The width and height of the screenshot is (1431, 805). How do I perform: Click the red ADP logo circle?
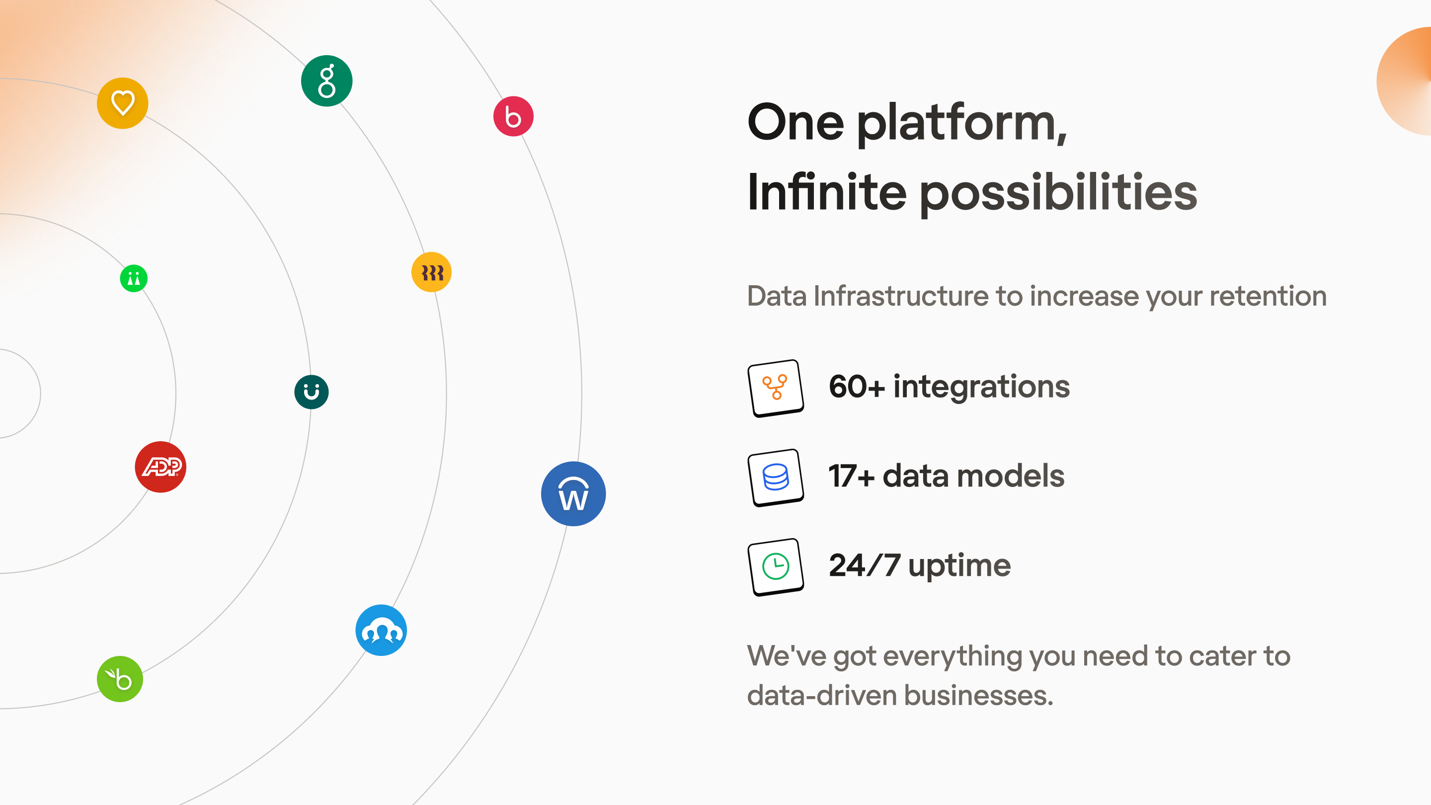click(160, 467)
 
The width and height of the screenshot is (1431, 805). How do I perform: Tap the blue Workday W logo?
click(573, 494)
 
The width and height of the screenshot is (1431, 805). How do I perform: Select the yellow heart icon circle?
click(122, 103)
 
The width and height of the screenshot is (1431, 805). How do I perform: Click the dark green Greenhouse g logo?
click(326, 81)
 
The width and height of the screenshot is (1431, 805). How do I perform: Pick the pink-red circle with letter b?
click(513, 117)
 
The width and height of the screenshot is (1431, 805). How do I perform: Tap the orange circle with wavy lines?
click(432, 272)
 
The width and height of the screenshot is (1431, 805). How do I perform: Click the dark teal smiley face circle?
click(311, 392)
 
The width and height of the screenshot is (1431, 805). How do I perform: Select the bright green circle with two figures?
click(134, 278)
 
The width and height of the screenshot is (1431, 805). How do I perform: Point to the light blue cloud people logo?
click(381, 630)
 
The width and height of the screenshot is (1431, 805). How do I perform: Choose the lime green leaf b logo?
click(120, 679)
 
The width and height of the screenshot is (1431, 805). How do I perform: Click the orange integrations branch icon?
click(776, 388)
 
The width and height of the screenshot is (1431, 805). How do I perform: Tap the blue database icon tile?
click(776, 477)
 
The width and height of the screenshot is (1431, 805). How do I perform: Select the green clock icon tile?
click(776, 566)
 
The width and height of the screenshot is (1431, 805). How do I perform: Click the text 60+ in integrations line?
click(857, 387)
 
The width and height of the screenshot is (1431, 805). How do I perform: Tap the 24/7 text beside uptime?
click(864, 565)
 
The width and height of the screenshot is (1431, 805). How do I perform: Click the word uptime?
click(959, 566)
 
